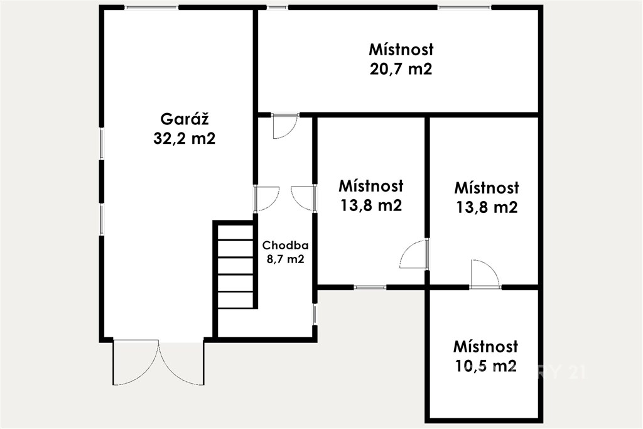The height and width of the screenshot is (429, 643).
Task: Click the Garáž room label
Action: (x=185, y=119)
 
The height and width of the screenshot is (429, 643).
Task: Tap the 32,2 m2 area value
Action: (x=185, y=139)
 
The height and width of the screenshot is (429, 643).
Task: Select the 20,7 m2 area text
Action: (x=401, y=68)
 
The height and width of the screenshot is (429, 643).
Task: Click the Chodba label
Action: (x=286, y=245)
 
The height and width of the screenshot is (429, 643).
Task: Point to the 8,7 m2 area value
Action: (x=286, y=259)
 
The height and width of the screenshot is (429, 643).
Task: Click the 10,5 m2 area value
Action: (x=485, y=366)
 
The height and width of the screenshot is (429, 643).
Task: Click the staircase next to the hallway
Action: (x=235, y=265)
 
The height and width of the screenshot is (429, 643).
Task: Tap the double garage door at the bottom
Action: (x=158, y=362)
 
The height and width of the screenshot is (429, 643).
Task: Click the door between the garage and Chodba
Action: (x=266, y=198)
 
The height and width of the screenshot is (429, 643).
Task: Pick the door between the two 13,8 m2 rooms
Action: (x=414, y=254)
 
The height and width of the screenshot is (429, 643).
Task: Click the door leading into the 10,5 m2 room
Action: (x=485, y=274)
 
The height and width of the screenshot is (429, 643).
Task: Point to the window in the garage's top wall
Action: (x=152, y=8)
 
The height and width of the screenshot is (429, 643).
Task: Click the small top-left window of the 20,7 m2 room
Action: (x=278, y=8)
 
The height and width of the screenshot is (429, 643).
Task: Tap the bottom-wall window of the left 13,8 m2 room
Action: (x=369, y=287)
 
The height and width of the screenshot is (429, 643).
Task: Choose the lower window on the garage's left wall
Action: (x=101, y=219)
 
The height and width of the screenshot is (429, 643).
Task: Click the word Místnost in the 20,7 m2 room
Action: (x=401, y=49)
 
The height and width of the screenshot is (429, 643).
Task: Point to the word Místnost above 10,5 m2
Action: (x=485, y=347)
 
